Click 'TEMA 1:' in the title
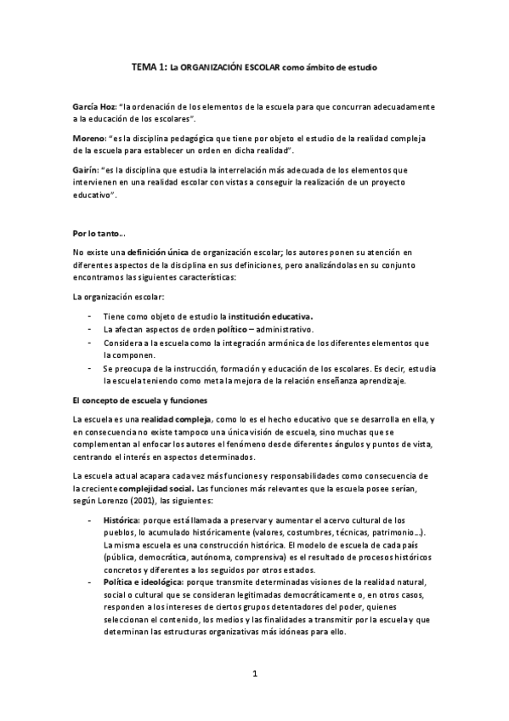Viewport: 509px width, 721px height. pyautogui.click(x=150, y=65)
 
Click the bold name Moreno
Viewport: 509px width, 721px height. pyautogui.click(x=89, y=138)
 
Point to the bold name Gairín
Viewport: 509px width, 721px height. pyautogui.click(x=88, y=169)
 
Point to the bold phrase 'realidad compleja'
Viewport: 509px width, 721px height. pyautogui.click(x=177, y=420)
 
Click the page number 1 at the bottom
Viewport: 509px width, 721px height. pyautogui.click(x=254, y=674)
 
